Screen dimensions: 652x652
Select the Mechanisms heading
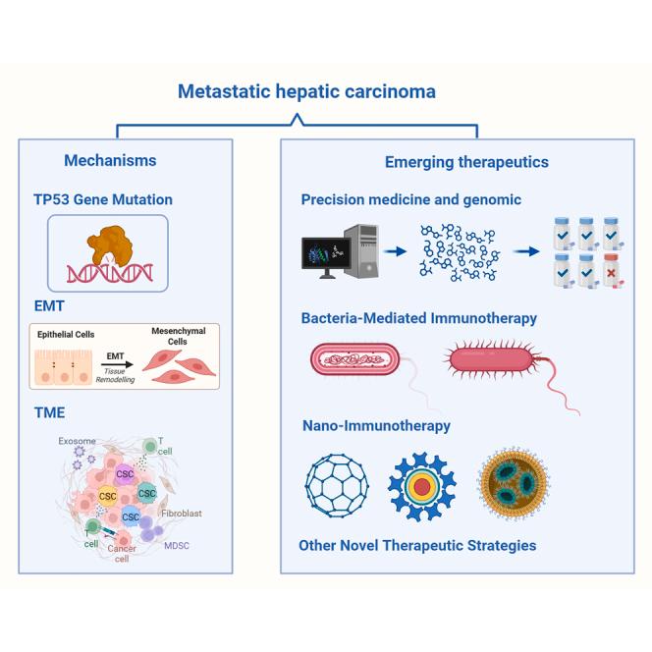(110, 160)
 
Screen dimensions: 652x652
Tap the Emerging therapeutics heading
(465, 162)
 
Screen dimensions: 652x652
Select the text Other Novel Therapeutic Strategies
(418, 545)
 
